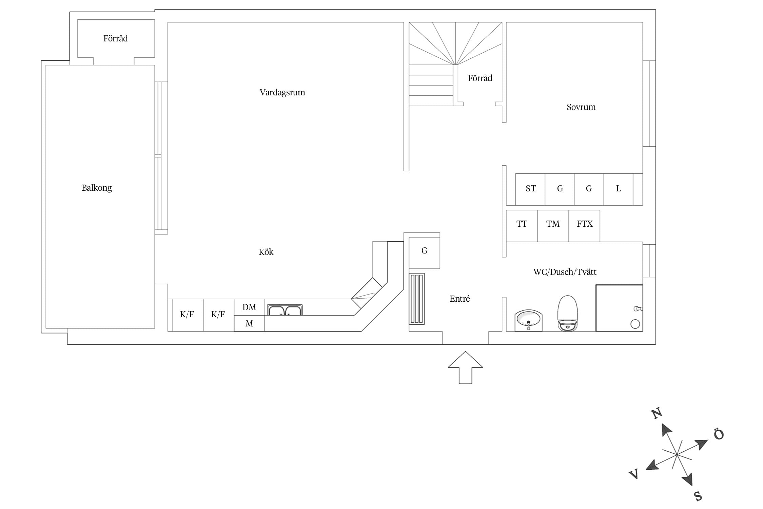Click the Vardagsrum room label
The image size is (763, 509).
(x=282, y=93)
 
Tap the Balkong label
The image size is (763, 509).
(x=97, y=188)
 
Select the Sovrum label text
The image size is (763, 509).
(x=581, y=107)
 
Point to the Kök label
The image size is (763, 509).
(x=266, y=252)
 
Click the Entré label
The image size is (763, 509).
(x=459, y=299)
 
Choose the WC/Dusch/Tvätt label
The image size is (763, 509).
(x=565, y=272)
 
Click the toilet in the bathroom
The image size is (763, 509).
(x=567, y=313)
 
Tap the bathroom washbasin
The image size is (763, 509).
(x=528, y=320)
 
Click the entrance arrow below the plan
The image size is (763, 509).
(x=465, y=367)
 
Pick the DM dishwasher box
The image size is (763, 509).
(x=249, y=307)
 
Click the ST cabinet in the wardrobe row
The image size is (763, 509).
(x=530, y=189)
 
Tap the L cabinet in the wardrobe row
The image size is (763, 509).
(x=618, y=189)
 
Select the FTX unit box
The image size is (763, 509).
(x=584, y=226)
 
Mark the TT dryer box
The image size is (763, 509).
(x=522, y=226)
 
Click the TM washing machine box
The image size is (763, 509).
(x=553, y=226)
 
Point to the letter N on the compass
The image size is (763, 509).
(x=657, y=413)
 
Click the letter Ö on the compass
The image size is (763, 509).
(x=719, y=434)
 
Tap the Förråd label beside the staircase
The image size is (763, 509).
(x=480, y=78)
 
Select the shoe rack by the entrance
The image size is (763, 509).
(x=417, y=299)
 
